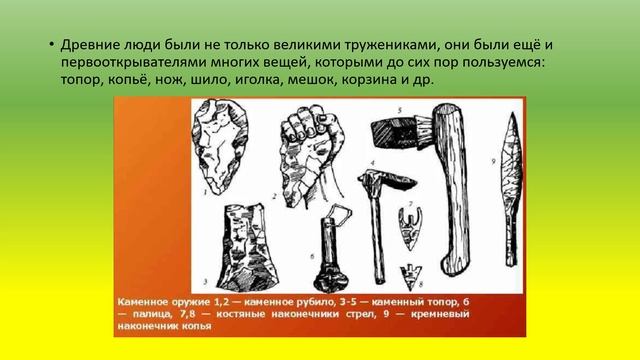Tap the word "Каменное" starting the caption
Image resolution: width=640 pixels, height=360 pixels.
point(148,300)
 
